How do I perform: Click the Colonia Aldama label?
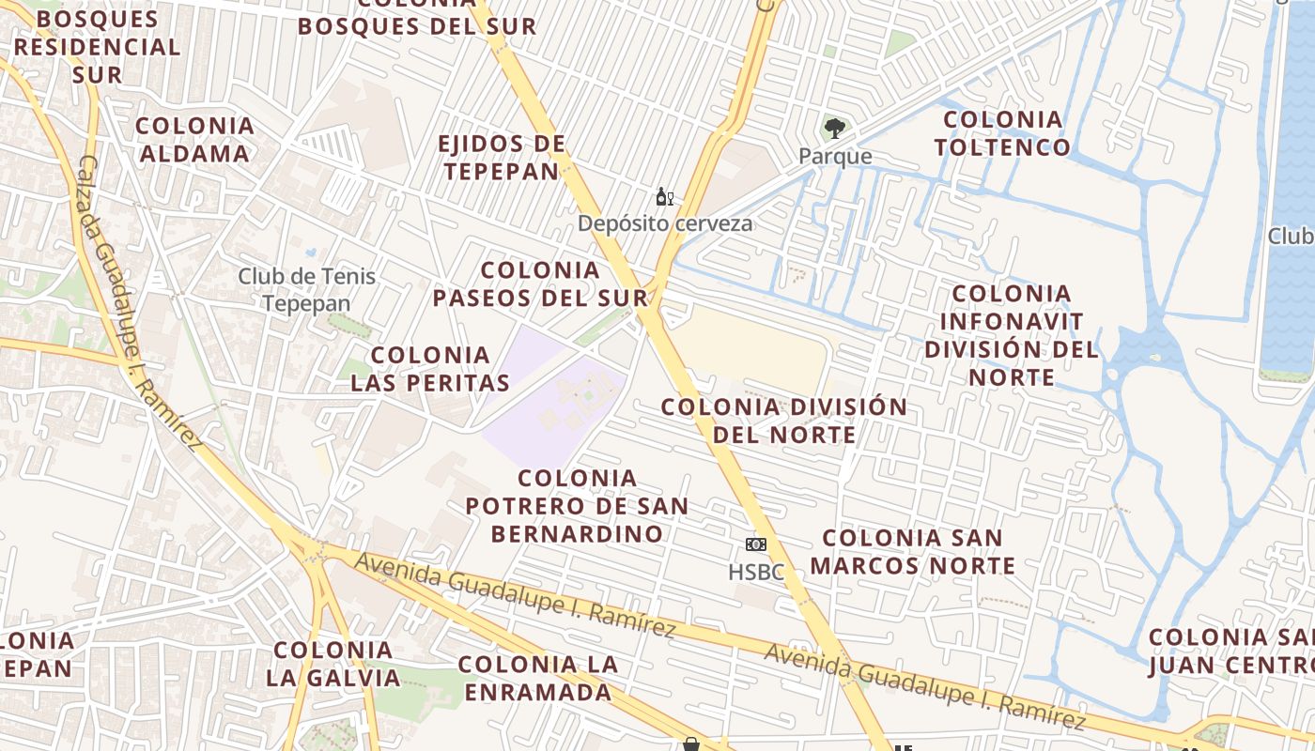(194, 139)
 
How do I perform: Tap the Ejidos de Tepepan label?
(503, 157)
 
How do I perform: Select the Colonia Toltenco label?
(1002, 133)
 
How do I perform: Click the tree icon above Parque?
(833, 129)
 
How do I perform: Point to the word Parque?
(835, 156)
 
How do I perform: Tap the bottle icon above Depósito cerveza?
(664, 197)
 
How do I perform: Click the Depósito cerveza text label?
(665, 223)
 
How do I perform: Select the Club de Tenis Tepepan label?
(306, 289)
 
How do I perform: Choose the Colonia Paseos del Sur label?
(540, 284)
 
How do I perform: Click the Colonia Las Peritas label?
(430, 368)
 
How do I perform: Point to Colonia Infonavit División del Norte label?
(1011, 335)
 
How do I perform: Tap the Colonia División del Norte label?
(784, 421)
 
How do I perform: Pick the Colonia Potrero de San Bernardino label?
(577, 505)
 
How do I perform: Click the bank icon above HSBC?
(755, 544)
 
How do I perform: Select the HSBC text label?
(755, 571)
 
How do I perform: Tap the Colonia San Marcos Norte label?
(913, 551)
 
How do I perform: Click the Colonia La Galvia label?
(333, 663)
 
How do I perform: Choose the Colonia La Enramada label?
(538, 678)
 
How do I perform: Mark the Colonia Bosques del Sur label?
(417, 19)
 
